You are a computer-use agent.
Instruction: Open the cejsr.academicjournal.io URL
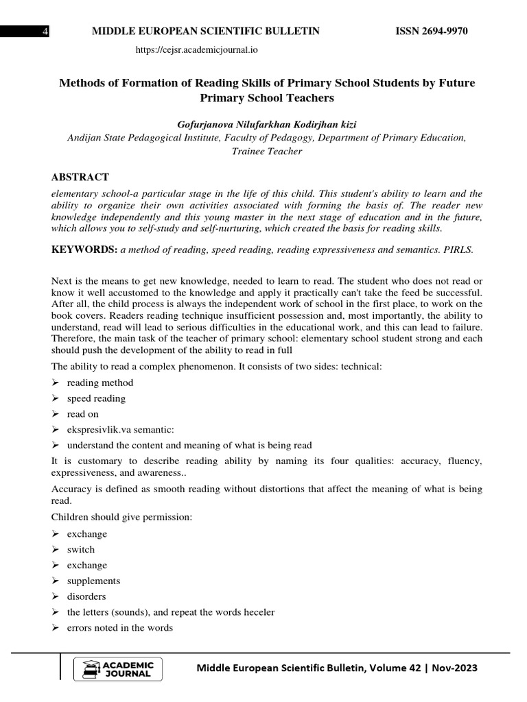[x=197, y=50]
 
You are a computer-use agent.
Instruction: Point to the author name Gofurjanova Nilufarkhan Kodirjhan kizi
[x=266, y=123]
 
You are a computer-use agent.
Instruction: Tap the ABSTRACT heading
[x=80, y=178]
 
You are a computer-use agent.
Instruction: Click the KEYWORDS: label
[x=84, y=250]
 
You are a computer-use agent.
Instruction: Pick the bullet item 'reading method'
[x=100, y=383]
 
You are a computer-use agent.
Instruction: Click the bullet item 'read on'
[x=83, y=414]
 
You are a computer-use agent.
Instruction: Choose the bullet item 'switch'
[x=81, y=550]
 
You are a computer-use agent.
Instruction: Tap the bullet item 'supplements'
[x=93, y=581]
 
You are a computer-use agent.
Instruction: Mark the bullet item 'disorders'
[x=86, y=596]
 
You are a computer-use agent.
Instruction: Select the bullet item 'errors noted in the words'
[x=120, y=627]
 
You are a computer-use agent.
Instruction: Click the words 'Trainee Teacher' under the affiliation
[x=266, y=151]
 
